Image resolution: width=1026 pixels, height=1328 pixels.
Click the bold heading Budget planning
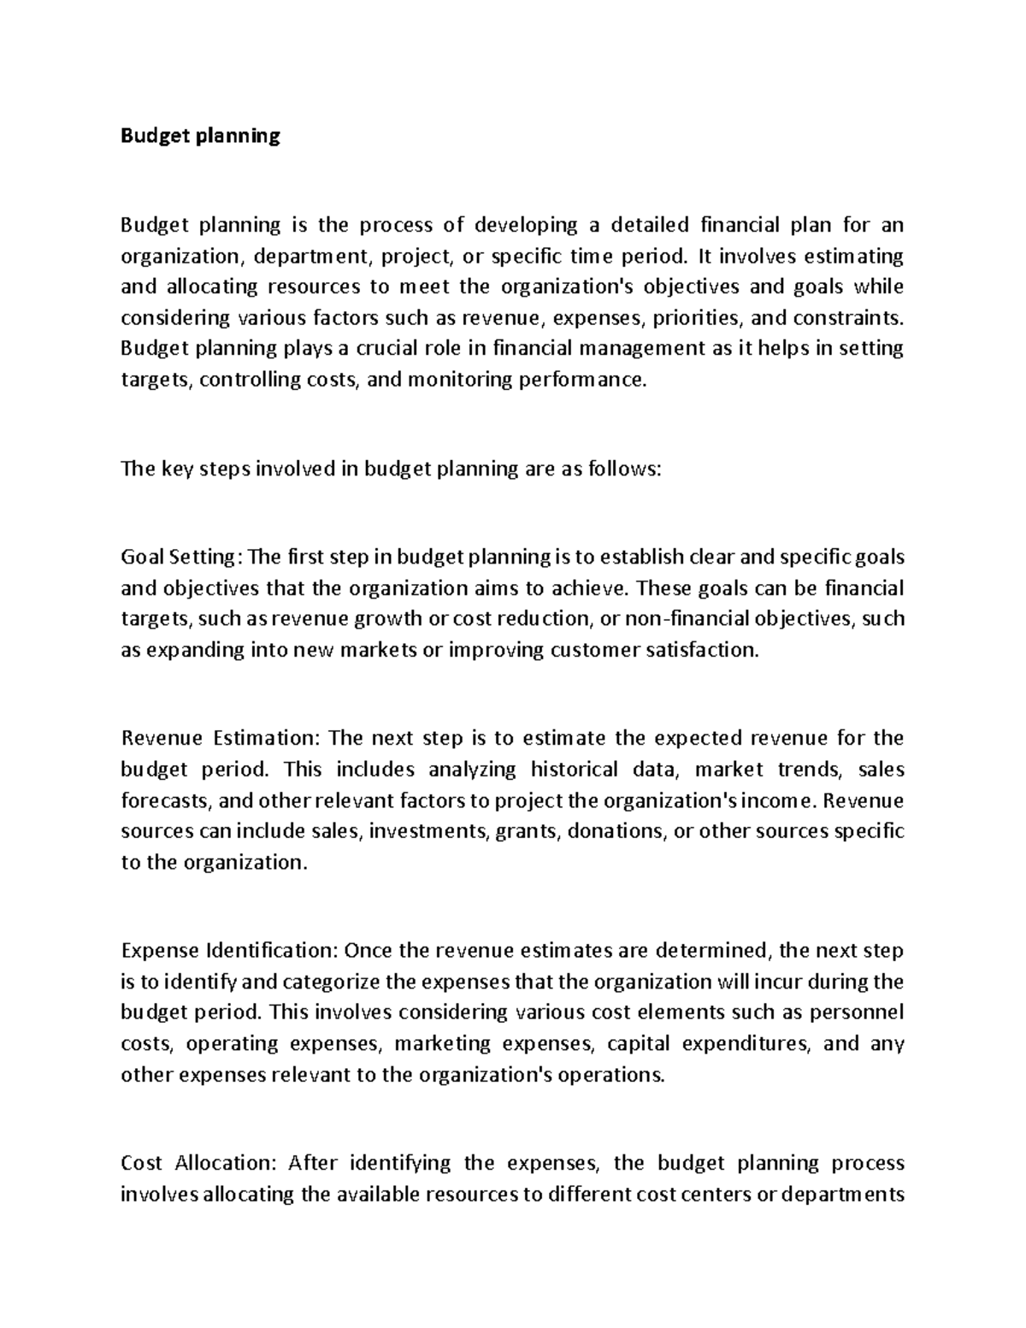(x=200, y=136)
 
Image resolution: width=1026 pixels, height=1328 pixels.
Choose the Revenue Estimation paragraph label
(x=220, y=738)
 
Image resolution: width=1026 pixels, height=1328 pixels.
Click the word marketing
(x=443, y=1043)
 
